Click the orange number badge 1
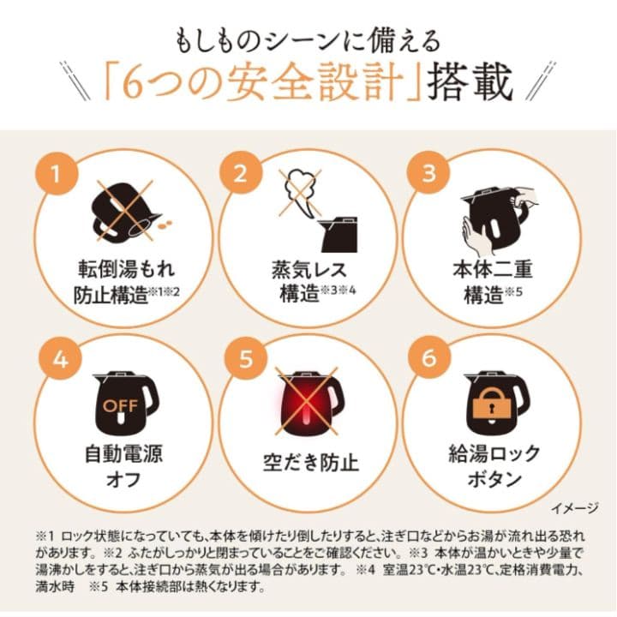click(x=56, y=173)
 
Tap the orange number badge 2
click(x=241, y=173)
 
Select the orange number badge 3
click(x=428, y=173)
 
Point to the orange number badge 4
click(x=60, y=359)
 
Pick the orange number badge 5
click(x=246, y=359)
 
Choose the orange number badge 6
click(x=429, y=358)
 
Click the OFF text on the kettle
click(x=121, y=405)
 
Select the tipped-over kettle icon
click(x=127, y=212)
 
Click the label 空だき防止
click(x=311, y=463)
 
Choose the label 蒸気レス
click(x=309, y=270)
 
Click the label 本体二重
click(x=493, y=270)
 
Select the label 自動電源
click(x=124, y=453)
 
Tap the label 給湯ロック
click(x=494, y=453)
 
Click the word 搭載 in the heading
click(x=470, y=82)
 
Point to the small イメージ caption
click(x=574, y=508)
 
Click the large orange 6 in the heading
click(x=134, y=83)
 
